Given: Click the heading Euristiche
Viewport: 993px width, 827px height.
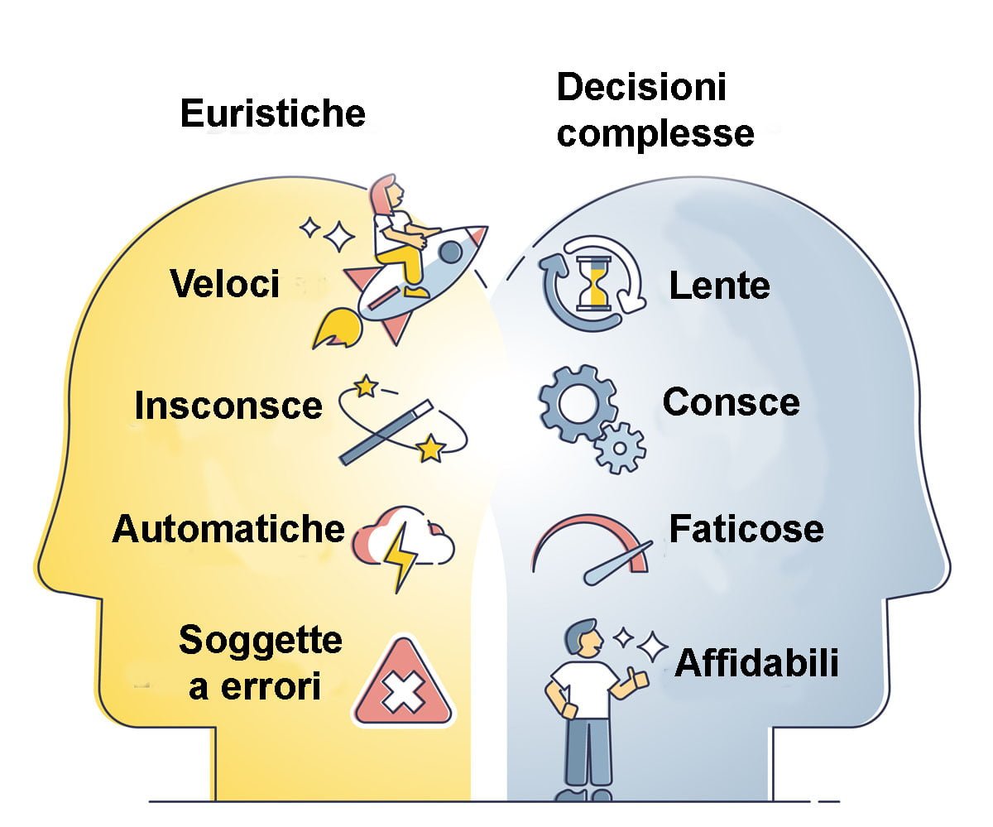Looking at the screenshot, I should click(272, 113).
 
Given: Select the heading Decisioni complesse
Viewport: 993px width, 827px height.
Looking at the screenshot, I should click(654, 110).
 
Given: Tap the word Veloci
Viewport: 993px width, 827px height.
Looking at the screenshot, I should click(225, 284).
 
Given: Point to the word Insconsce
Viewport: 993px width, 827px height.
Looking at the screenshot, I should click(228, 406).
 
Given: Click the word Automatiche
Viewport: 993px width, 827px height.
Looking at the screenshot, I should click(228, 528).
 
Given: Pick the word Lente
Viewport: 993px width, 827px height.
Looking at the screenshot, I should click(719, 286).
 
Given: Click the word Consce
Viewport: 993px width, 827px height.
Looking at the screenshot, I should click(731, 402).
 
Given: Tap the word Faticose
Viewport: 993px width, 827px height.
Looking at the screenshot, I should click(746, 528).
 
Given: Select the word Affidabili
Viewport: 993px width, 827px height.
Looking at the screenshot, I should click(756, 663).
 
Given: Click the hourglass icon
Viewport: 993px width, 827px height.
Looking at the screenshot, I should click(592, 282).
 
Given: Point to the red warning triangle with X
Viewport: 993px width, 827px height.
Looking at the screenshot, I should click(402, 684).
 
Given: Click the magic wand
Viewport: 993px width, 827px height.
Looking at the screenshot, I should click(386, 430).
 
